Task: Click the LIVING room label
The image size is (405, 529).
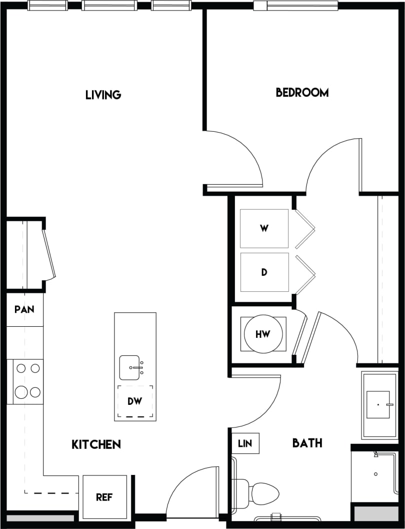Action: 103,95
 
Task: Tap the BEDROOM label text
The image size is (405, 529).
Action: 302,93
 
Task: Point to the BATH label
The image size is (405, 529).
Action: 307,443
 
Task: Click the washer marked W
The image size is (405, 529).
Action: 264,229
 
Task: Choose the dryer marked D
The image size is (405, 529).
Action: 264,272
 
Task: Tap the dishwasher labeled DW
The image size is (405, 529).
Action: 135,401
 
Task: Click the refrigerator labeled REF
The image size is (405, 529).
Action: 104,497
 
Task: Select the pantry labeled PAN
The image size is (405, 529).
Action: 24,309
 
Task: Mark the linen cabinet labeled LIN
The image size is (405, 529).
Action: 245,443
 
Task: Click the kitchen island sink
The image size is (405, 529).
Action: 130,367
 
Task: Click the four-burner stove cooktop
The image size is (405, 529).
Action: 27,381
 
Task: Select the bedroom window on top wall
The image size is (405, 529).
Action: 295,6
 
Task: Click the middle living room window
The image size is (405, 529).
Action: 109,6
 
